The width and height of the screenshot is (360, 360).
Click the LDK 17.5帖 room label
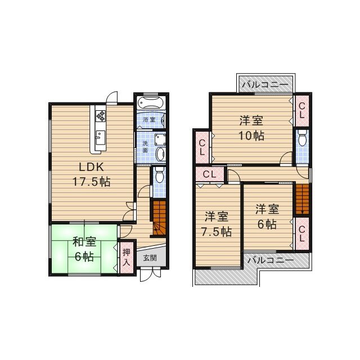91,174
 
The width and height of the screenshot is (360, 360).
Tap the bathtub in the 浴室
151,102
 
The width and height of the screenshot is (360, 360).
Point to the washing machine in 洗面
160,139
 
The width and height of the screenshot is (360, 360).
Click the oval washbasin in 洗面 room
160,154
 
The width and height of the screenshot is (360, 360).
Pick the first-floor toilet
159,175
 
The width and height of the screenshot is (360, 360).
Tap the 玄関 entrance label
150,258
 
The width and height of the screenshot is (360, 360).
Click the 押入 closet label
127,258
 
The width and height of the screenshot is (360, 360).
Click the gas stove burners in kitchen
101,116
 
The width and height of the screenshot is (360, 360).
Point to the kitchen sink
101,137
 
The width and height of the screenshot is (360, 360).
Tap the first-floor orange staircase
159,218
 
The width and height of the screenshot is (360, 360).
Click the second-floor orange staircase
302,199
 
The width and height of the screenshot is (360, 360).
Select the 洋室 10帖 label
251,128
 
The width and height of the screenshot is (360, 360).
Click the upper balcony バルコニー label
265,85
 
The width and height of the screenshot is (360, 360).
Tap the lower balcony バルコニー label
271,260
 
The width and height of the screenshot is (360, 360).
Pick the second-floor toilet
302,137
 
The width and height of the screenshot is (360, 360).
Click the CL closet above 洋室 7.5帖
209,174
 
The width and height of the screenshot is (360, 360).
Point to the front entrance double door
150,274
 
